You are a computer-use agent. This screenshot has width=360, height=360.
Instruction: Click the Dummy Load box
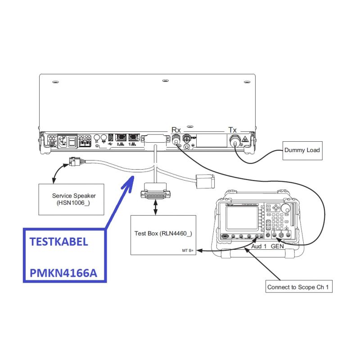point(302,150)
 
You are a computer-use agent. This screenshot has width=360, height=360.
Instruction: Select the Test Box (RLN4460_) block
point(163,234)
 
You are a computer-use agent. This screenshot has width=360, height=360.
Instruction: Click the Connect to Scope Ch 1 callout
point(299,287)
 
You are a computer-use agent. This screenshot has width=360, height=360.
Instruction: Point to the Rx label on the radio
point(176,130)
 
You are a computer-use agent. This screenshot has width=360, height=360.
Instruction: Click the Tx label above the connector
point(233,130)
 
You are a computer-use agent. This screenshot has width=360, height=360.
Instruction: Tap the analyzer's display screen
point(241,217)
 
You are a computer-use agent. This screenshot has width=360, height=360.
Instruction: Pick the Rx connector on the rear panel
point(176,140)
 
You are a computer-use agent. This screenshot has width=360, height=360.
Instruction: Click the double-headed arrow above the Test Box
point(156,207)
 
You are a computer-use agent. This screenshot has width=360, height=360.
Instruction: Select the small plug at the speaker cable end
point(75,163)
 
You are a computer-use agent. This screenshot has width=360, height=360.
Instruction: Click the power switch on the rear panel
point(71,141)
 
